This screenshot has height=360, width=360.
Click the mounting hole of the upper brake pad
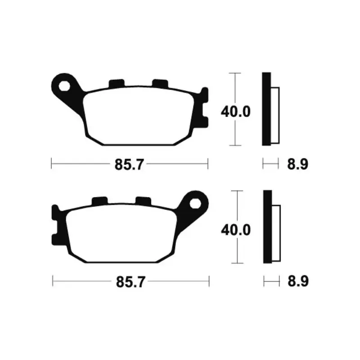pos(64,86)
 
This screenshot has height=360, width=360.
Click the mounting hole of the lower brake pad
pos(195,203)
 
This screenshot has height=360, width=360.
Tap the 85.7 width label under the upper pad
pos(129,165)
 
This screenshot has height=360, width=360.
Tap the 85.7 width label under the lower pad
pos(130,282)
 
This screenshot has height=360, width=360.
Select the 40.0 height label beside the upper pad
pos(235,112)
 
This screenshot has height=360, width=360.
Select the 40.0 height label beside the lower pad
pos(236,230)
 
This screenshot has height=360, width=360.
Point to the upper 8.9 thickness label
pos(297,164)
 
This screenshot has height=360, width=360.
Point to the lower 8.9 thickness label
pos(298,281)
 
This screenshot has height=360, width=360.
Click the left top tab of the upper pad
pos(117,84)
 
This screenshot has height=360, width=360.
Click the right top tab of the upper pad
pos(160,84)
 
